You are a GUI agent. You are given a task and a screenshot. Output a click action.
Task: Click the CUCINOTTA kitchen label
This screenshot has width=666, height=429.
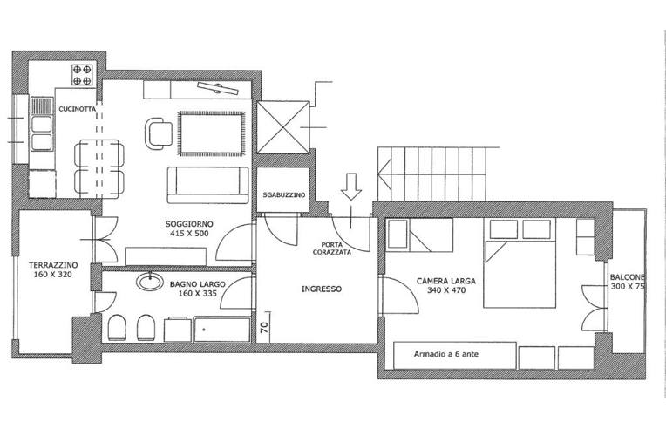tap(78, 109)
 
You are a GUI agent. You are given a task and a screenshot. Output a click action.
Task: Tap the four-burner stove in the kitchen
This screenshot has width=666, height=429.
tap(82, 75)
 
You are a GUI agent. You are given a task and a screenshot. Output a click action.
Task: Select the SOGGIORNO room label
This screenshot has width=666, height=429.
tap(189, 224)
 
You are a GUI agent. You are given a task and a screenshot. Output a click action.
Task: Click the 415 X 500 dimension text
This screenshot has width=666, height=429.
tap(189, 233)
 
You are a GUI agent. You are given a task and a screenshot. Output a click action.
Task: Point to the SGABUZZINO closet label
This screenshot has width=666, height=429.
tap(283, 195)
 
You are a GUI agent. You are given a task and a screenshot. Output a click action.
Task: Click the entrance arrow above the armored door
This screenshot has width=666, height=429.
tap(351, 187)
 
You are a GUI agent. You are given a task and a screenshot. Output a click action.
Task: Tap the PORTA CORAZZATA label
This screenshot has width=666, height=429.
tap(332, 249)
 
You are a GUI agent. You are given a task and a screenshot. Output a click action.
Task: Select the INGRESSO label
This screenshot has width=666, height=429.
tap(322, 289)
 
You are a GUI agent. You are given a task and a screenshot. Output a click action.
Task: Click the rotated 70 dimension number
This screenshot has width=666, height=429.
tap(264, 327)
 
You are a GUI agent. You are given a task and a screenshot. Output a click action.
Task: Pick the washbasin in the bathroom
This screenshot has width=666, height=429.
tap(150, 282)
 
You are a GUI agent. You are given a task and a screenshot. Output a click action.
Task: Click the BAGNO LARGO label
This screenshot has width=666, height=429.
tap(198, 284)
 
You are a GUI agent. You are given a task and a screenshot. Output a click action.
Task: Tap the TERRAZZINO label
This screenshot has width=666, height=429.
tap(53, 265)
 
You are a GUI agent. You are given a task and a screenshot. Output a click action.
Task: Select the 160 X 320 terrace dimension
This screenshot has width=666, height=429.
tap(53, 275)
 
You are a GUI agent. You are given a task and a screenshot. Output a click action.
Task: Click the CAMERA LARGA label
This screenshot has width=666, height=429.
tap(446, 281)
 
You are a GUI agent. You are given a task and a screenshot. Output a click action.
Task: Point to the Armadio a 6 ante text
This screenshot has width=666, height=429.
tap(446, 354)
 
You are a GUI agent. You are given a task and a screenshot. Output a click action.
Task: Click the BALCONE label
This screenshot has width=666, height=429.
tap(628, 277)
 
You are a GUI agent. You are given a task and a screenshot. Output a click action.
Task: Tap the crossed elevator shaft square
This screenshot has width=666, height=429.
tap(283, 127)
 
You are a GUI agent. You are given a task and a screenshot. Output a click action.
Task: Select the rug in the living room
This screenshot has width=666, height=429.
tap(212, 133)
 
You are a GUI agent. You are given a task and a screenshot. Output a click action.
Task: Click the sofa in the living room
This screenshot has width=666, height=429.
tap(207, 185)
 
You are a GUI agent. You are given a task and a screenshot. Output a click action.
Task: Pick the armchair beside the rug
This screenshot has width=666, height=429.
tap(158, 133)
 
